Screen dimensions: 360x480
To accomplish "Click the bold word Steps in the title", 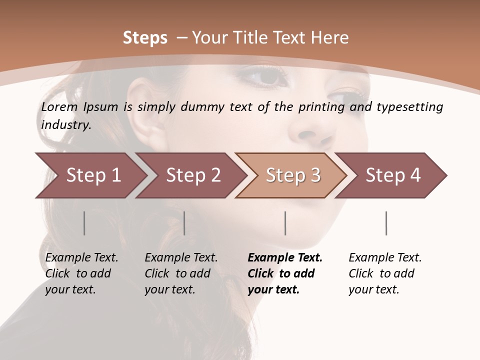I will pos(145,38).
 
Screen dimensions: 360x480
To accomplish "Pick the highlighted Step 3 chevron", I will pos(293,175).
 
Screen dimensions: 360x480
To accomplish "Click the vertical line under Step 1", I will pos(84,223).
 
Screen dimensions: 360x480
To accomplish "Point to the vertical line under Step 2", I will pos(184,223).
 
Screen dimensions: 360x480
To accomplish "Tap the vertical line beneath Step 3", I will pos(285,223).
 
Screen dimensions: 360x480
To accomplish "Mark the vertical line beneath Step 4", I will pos(386,223).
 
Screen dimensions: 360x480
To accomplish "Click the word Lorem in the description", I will pos(59,106).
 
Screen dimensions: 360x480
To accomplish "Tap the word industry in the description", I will pos(66,124).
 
